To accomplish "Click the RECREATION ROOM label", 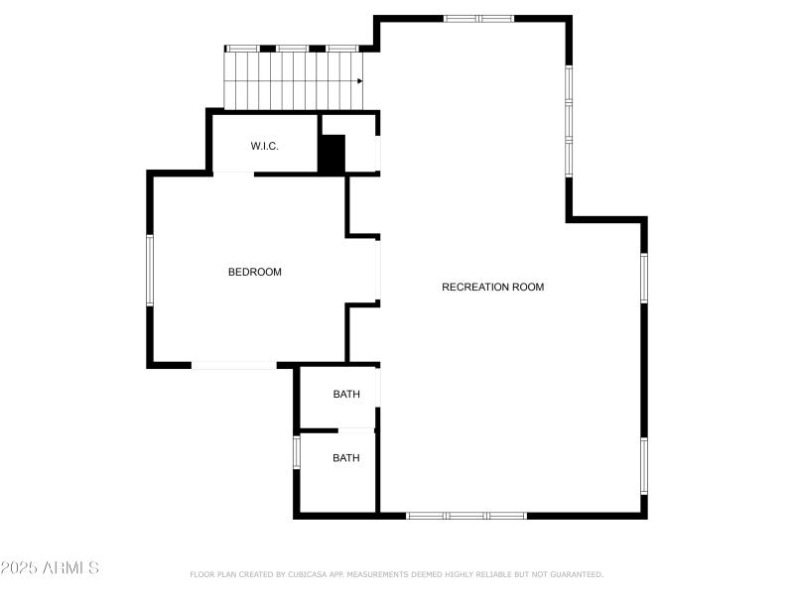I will (x=492, y=288).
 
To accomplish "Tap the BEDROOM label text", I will (x=255, y=272).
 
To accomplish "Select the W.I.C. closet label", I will (x=264, y=147).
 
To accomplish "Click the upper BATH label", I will (x=346, y=395).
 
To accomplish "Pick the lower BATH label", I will (x=346, y=458).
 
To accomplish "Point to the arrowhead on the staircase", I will (x=359, y=81).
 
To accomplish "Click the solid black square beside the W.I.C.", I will (x=331, y=154).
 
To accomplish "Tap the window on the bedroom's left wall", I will (x=151, y=270).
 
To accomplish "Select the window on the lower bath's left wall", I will (x=296, y=451).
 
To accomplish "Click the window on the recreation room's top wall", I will (x=477, y=18).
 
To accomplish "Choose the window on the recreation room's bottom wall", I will (x=466, y=516).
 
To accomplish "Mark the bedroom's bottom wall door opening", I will (x=234, y=365).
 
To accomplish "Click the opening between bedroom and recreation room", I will (x=379, y=271).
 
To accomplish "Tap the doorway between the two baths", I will (x=355, y=429).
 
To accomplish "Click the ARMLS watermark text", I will (x=73, y=568).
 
